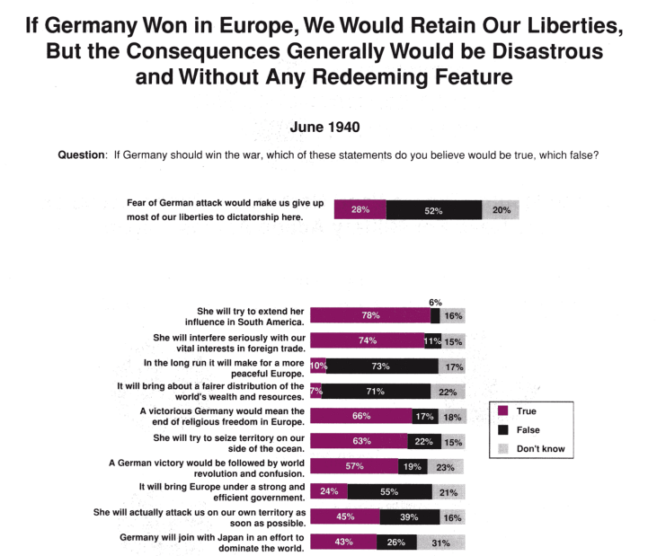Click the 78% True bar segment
(x=370, y=316)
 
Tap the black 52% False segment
(x=434, y=210)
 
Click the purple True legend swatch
(x=503, y=411)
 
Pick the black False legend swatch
(x=503, y=430)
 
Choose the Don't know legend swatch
(x=503, y=448)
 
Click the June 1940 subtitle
(x=325, y=127)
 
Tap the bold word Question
(x=81, y=154)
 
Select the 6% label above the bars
(x=436, y=303)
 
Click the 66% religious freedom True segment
(x=361, y=416)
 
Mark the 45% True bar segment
(x=344, y=516)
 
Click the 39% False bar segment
(x=410, y=516)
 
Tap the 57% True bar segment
(x=354, y=466)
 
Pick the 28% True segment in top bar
(x=360, y=210)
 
